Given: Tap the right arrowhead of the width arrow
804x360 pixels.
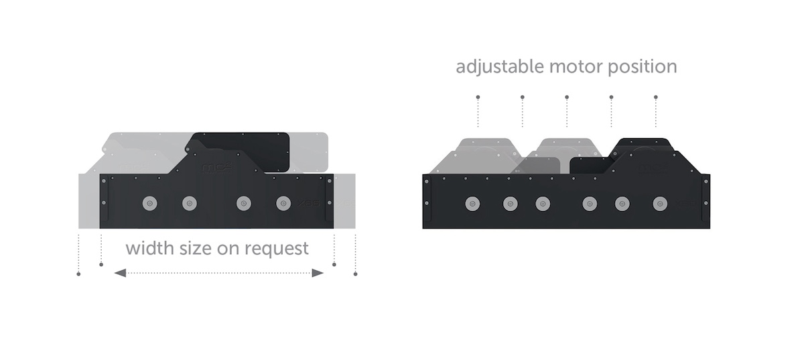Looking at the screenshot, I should pos(318,273).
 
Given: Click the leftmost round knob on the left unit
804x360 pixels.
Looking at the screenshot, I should pos(147,202).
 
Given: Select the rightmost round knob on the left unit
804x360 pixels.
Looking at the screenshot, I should pos(283,202).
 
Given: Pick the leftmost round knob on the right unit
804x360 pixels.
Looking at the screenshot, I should pos(471,202).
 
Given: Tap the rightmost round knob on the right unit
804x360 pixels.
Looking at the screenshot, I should pos(660,202).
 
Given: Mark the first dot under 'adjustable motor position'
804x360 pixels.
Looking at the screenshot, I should pos(478,97).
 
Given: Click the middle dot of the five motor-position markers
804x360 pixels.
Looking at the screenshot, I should pos(567,97).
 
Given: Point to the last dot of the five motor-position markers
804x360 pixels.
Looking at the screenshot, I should pos(656,97).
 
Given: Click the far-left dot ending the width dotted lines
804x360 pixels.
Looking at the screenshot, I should pos(79,274).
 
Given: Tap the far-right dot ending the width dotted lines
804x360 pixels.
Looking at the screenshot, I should pos(355,274).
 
